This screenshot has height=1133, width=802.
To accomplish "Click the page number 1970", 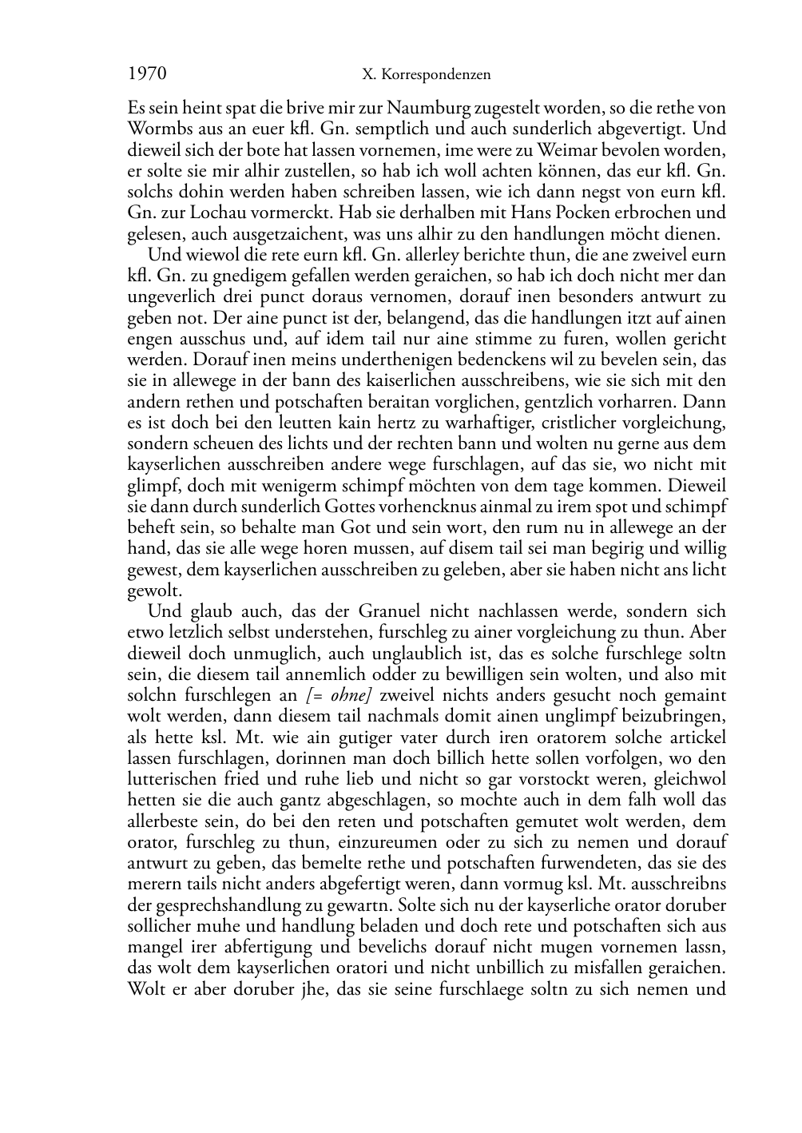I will pyautogui.click(x=147, y=74).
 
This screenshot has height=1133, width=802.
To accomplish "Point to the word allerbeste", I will pyautogui.click(x=164, y=821).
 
